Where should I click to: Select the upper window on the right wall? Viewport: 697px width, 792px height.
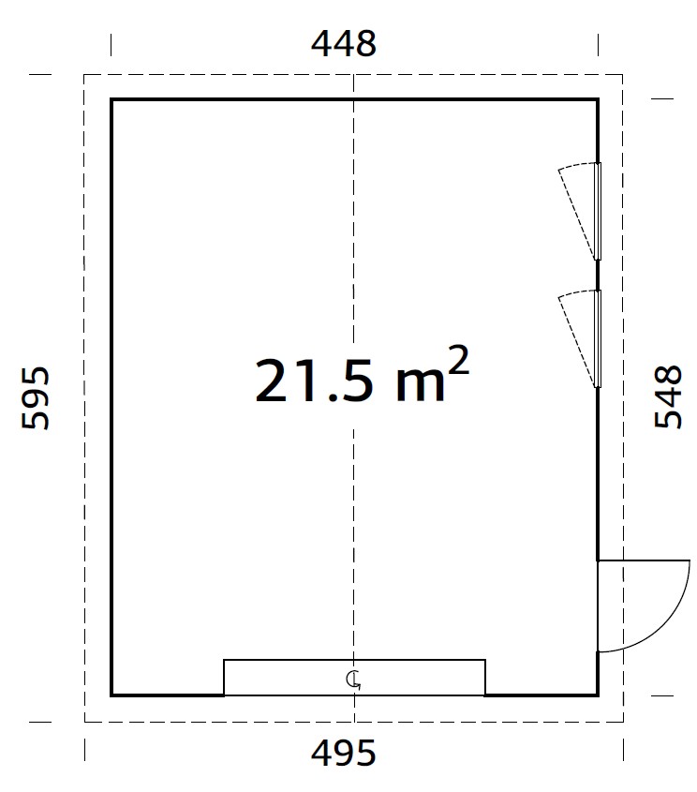pos(596,211)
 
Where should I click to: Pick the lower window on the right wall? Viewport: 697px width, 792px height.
pos(596,338)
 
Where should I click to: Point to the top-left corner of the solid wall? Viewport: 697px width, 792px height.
pos(111,99)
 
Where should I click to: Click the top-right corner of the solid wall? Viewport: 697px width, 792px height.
pos(598,99)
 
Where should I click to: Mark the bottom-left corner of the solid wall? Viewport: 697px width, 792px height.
pos(111,695)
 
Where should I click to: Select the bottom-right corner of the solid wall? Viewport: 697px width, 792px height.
pos(598,695)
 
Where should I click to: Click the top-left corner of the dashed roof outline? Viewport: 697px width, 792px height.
pos(85,74)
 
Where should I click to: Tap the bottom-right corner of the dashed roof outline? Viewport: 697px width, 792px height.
pos(624,722)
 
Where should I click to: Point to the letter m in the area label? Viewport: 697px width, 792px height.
pos(413,387)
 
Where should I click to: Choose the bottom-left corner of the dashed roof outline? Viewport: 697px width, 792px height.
pos(85,722)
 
